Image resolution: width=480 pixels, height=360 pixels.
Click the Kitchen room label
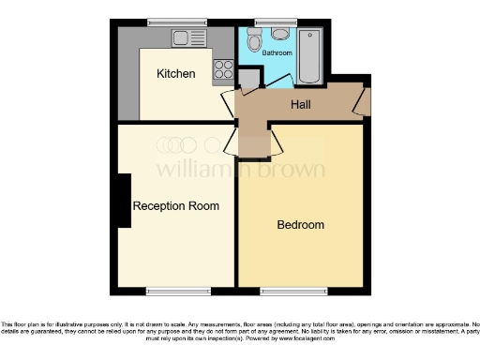click(175, 74)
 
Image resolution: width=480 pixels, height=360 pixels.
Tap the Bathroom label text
click(277, 53)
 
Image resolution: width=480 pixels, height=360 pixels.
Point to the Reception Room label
click(176, 206)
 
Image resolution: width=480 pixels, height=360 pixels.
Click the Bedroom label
click(300, 225)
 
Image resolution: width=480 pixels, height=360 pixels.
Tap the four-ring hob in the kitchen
click(224, 67)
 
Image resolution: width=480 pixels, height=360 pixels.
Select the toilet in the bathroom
click(254, 39)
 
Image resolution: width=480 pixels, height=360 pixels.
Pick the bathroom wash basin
click(279, 36)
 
